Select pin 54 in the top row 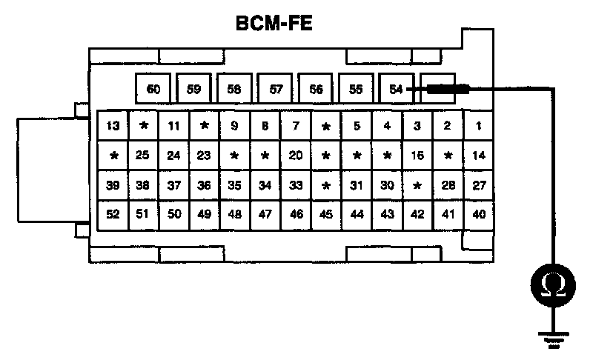(396, 90)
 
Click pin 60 (153, 90)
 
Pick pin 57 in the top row (276, 90)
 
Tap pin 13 (113, 126)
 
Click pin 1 (479, 126)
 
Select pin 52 (113, 215)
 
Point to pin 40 (479, 215)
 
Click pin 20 (296, 156)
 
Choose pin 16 (417, 156)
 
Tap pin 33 (296, 185)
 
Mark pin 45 (326, 215)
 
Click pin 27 (479, 185)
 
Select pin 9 (235, 126)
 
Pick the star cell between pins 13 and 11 (144, 126)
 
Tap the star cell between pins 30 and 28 (417, 185)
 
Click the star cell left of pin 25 (113, 156)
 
